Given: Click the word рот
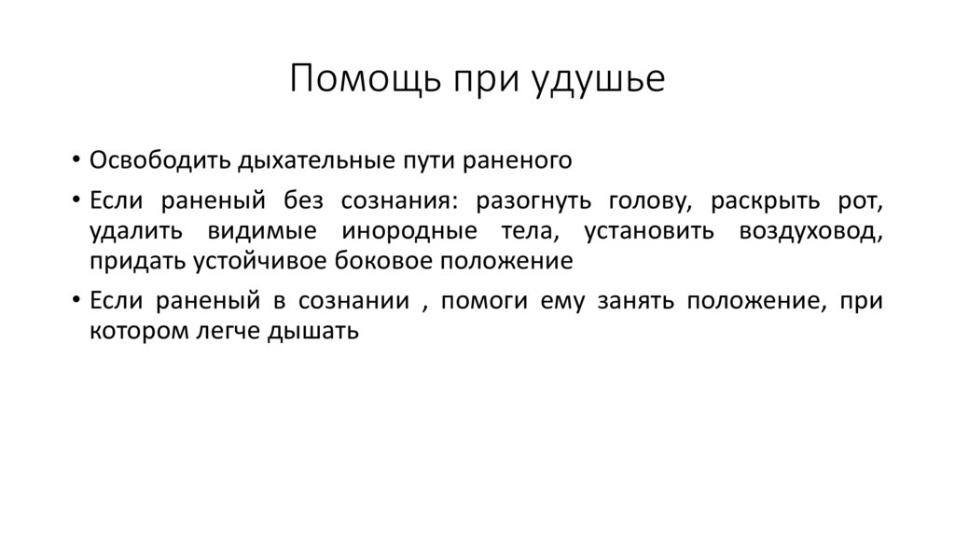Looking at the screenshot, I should click(863, 201).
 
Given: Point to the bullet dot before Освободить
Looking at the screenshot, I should click(75, 160).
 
